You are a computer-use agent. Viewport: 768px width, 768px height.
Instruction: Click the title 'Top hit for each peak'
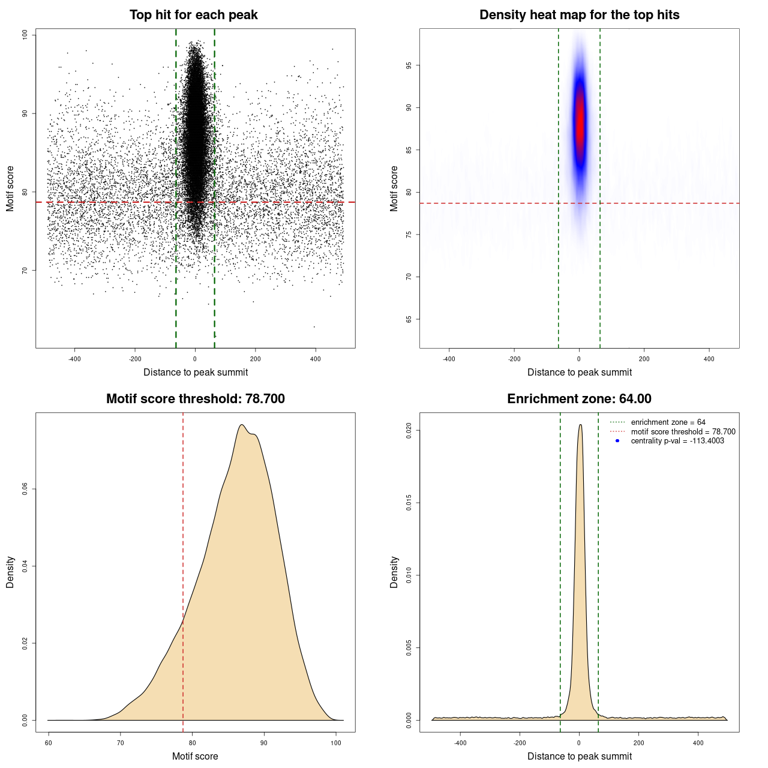pos(194,15)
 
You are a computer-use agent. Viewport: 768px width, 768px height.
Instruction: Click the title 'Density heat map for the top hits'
pos(579,15)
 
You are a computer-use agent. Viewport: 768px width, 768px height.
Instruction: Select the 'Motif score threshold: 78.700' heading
pos(195,399)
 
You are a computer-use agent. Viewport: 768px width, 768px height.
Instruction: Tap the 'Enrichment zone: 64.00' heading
pos(579,399)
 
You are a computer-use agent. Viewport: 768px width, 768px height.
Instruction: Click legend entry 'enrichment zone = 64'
pos(668,422)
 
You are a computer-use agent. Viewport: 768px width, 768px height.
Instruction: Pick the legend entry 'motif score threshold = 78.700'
pos(683,432)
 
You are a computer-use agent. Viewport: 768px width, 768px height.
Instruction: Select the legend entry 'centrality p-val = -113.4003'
pos(677,441)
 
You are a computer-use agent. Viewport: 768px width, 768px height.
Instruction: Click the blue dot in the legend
pos(617,441)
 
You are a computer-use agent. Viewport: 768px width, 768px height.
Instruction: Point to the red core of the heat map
pos(580,123)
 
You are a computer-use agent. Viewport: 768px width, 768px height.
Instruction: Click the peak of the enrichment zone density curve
pos(580,425)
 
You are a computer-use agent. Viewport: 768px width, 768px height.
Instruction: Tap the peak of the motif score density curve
pos(241,425)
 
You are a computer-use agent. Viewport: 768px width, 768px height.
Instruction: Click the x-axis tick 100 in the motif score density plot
pos(336,743)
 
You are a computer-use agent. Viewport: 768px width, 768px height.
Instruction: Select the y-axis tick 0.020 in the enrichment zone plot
pos(409,430)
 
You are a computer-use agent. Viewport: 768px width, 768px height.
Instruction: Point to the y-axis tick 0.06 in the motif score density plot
pos(25,489)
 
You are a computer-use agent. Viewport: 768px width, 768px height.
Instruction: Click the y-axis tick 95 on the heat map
pos(409,65)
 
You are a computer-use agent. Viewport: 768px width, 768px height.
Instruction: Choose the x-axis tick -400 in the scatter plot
pos(74,359)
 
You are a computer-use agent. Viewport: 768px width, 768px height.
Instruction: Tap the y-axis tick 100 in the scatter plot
pos(25,35)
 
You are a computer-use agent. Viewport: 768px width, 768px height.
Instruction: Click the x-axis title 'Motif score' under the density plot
pos(195,757)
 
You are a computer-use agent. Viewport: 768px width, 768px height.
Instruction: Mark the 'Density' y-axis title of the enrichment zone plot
pos(394,572)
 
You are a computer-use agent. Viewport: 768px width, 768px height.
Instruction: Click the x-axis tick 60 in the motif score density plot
pos(49,743)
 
